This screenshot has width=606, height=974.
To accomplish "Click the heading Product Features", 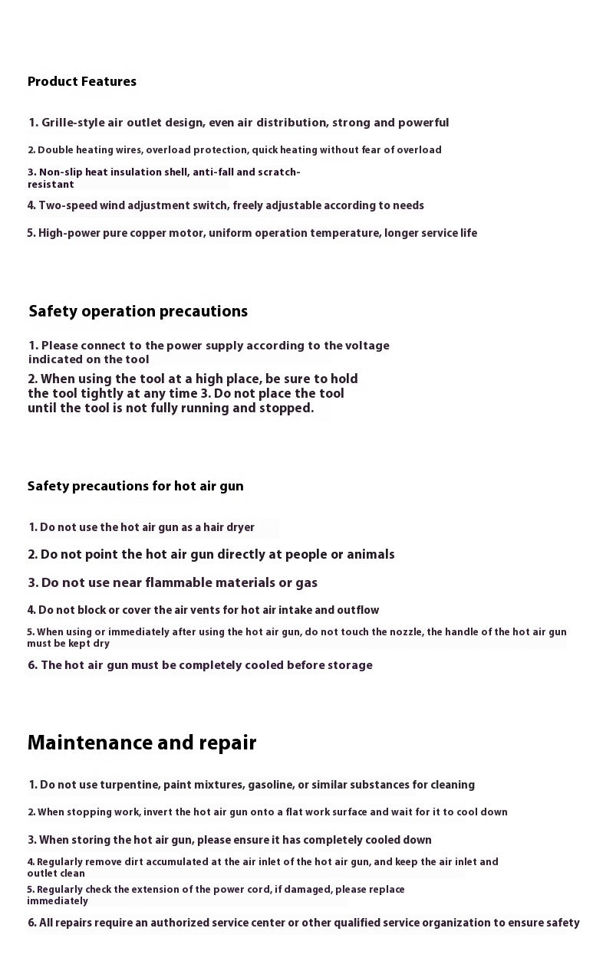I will coord(82,81).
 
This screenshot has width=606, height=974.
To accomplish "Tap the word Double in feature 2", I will coord(54,150).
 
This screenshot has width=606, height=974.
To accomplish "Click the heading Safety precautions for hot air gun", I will coord(135,486).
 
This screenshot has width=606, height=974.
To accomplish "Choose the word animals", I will coord(370,554).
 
